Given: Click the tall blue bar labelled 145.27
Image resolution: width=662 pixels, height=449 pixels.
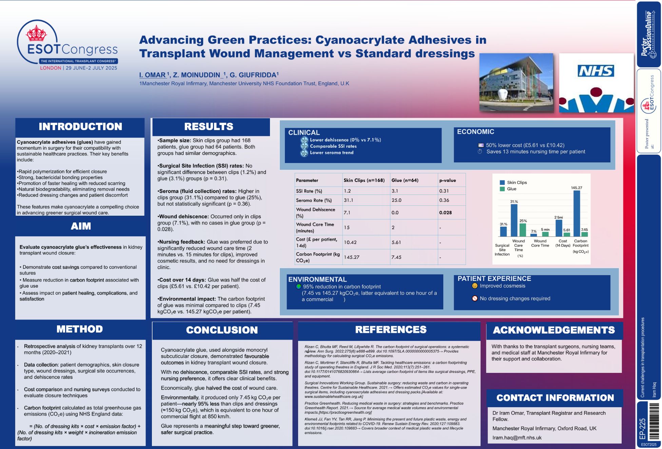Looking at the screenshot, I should pyautogui.click(x=576, y=213).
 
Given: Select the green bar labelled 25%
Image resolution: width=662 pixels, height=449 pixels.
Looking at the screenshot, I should pyautogui.click(x=523, y=230).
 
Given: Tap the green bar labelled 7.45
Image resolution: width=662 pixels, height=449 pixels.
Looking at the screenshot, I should pyautogui.click(x=584, y=234).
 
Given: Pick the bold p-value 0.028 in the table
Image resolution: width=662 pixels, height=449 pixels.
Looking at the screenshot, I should pyautogui.click(x=445, y=213).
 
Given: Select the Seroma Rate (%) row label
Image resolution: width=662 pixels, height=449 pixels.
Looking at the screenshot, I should pyautogui.click(x=314, y=200).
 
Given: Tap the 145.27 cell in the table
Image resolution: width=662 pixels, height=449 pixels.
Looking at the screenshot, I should pyautogui.click(x=352, y=257).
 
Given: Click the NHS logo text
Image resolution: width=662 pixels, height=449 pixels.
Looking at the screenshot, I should pyautogui.click(x=596, y=71).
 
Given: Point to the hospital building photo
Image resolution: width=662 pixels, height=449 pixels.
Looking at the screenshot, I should pyautogui.click(x=516, y=83).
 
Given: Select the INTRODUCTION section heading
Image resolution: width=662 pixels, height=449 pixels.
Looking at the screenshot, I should pyautogui.click(x=80, y=127).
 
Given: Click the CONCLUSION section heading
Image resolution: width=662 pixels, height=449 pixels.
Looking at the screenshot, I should pyautogui.click(x=222, y=330).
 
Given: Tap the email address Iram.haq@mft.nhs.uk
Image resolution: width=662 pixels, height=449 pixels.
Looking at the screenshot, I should pyautogui.click(x=517, y=438).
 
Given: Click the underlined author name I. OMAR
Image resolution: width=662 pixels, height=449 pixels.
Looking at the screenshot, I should pyautogui.click(x=152, y=75).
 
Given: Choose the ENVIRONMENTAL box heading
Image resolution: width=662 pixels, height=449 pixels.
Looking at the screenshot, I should pyautogui.click(x=317, y=279).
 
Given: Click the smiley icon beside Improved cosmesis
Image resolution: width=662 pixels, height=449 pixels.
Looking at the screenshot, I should pyautogui.click(x=475, y=286).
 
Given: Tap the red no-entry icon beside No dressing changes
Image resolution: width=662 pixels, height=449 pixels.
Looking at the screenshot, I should pyautogui.click(x=475, y=299).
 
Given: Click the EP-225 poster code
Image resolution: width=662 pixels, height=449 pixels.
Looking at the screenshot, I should pyautogui.click(x=642, y=429).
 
